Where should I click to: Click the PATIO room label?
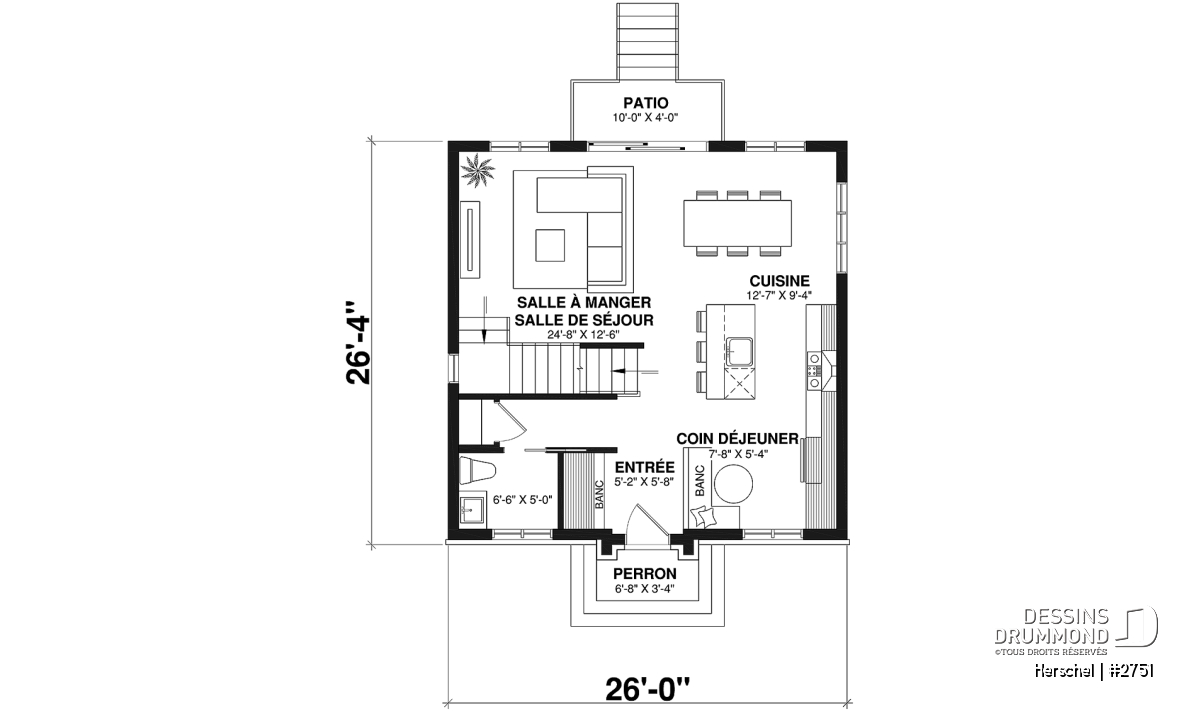(x=646, y=102)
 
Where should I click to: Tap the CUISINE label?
(x=779, y=281)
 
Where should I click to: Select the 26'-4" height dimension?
(x=358, y=343)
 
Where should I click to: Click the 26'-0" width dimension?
(x=647, y=689)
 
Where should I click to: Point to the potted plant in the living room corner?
(x=478, y=171)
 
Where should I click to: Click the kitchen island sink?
(x=740, y=352)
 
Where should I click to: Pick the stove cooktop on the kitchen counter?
(x=814, y=370)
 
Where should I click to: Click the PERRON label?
(x=645, y=574)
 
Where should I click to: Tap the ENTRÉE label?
(x=644, y=467)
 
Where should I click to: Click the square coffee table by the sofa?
(x=550, y=245)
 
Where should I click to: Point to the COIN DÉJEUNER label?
(x=737, y=439)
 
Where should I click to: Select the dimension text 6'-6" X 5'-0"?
(x=522, y=500)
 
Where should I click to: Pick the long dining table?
(x=738, y=223)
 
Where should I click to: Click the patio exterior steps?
(x=647, y=42)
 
